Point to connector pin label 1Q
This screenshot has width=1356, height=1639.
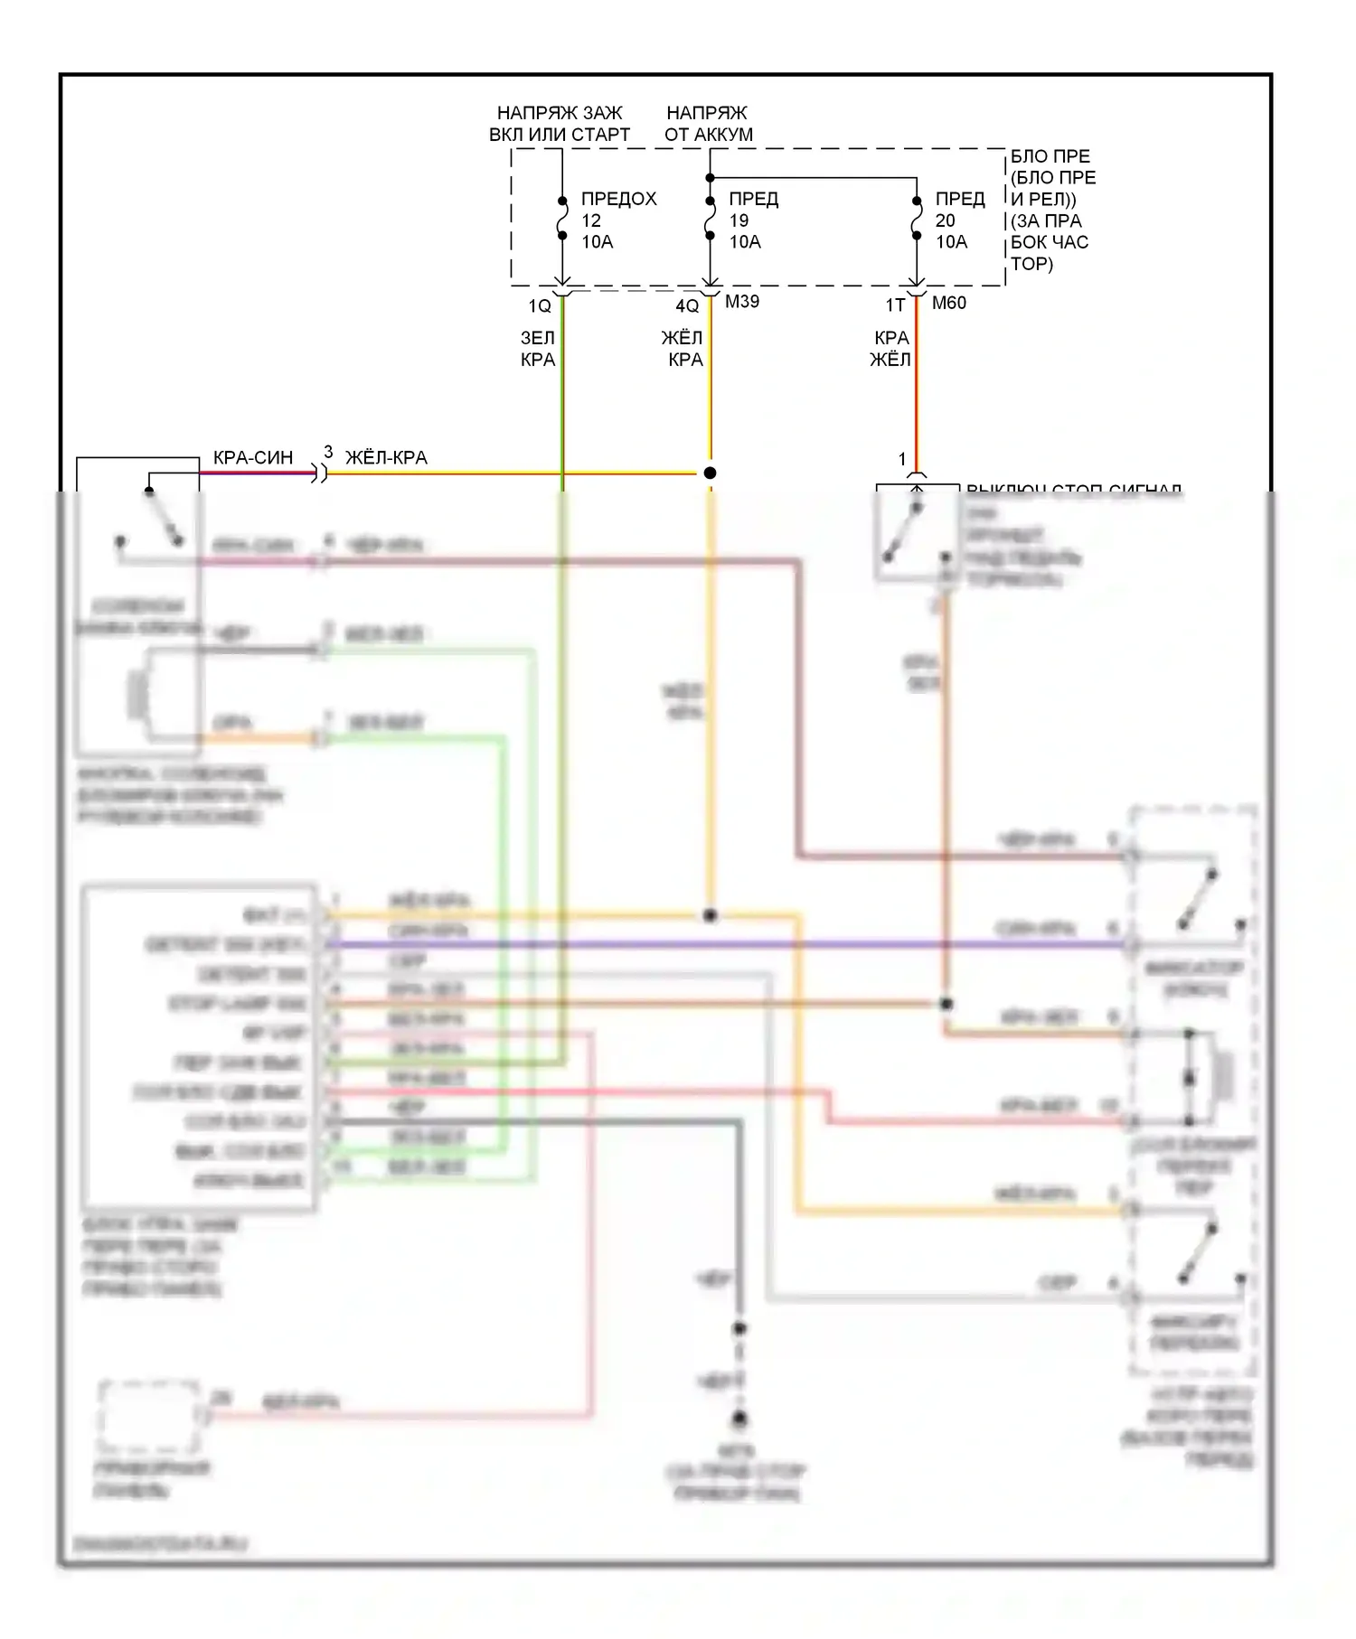click(540, 306)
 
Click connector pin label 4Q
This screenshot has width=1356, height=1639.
click(687, 306)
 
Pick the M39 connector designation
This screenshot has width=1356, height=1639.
click(742, 302)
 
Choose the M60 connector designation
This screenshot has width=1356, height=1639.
click(949, 303)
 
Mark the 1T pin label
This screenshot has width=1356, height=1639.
click(895, 306)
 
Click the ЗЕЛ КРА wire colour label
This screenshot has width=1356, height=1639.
click(538, 349)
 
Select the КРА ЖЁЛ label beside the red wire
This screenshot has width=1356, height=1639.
click(890, 349)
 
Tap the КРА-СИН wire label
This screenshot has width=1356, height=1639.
click(253, 458)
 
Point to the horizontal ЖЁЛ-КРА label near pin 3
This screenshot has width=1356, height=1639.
click(386, 458)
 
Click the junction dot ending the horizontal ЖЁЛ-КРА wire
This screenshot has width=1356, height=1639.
click(710, 473)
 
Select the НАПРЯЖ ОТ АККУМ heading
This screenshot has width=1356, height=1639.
click(708, 124)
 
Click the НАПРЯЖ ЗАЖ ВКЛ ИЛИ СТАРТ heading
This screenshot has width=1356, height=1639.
click(560, 124)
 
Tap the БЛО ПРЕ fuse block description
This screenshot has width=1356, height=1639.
click(1052, 210)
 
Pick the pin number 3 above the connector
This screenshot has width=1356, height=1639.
click(328, 452)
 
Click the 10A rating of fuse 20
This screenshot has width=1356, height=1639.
click(951, 242)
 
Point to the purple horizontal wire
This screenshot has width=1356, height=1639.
click(723, 945)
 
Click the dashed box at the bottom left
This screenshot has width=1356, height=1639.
click(149, 1416)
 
